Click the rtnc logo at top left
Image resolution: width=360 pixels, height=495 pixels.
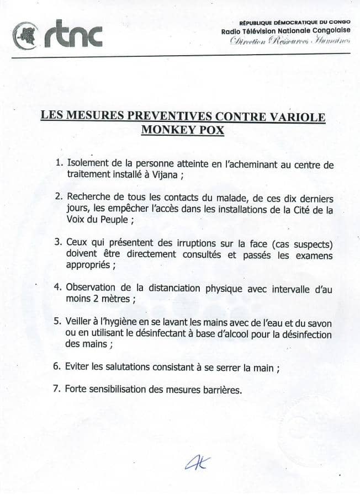57,35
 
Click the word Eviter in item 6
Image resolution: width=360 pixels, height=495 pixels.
78,366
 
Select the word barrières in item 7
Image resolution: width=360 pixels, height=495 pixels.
220,388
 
